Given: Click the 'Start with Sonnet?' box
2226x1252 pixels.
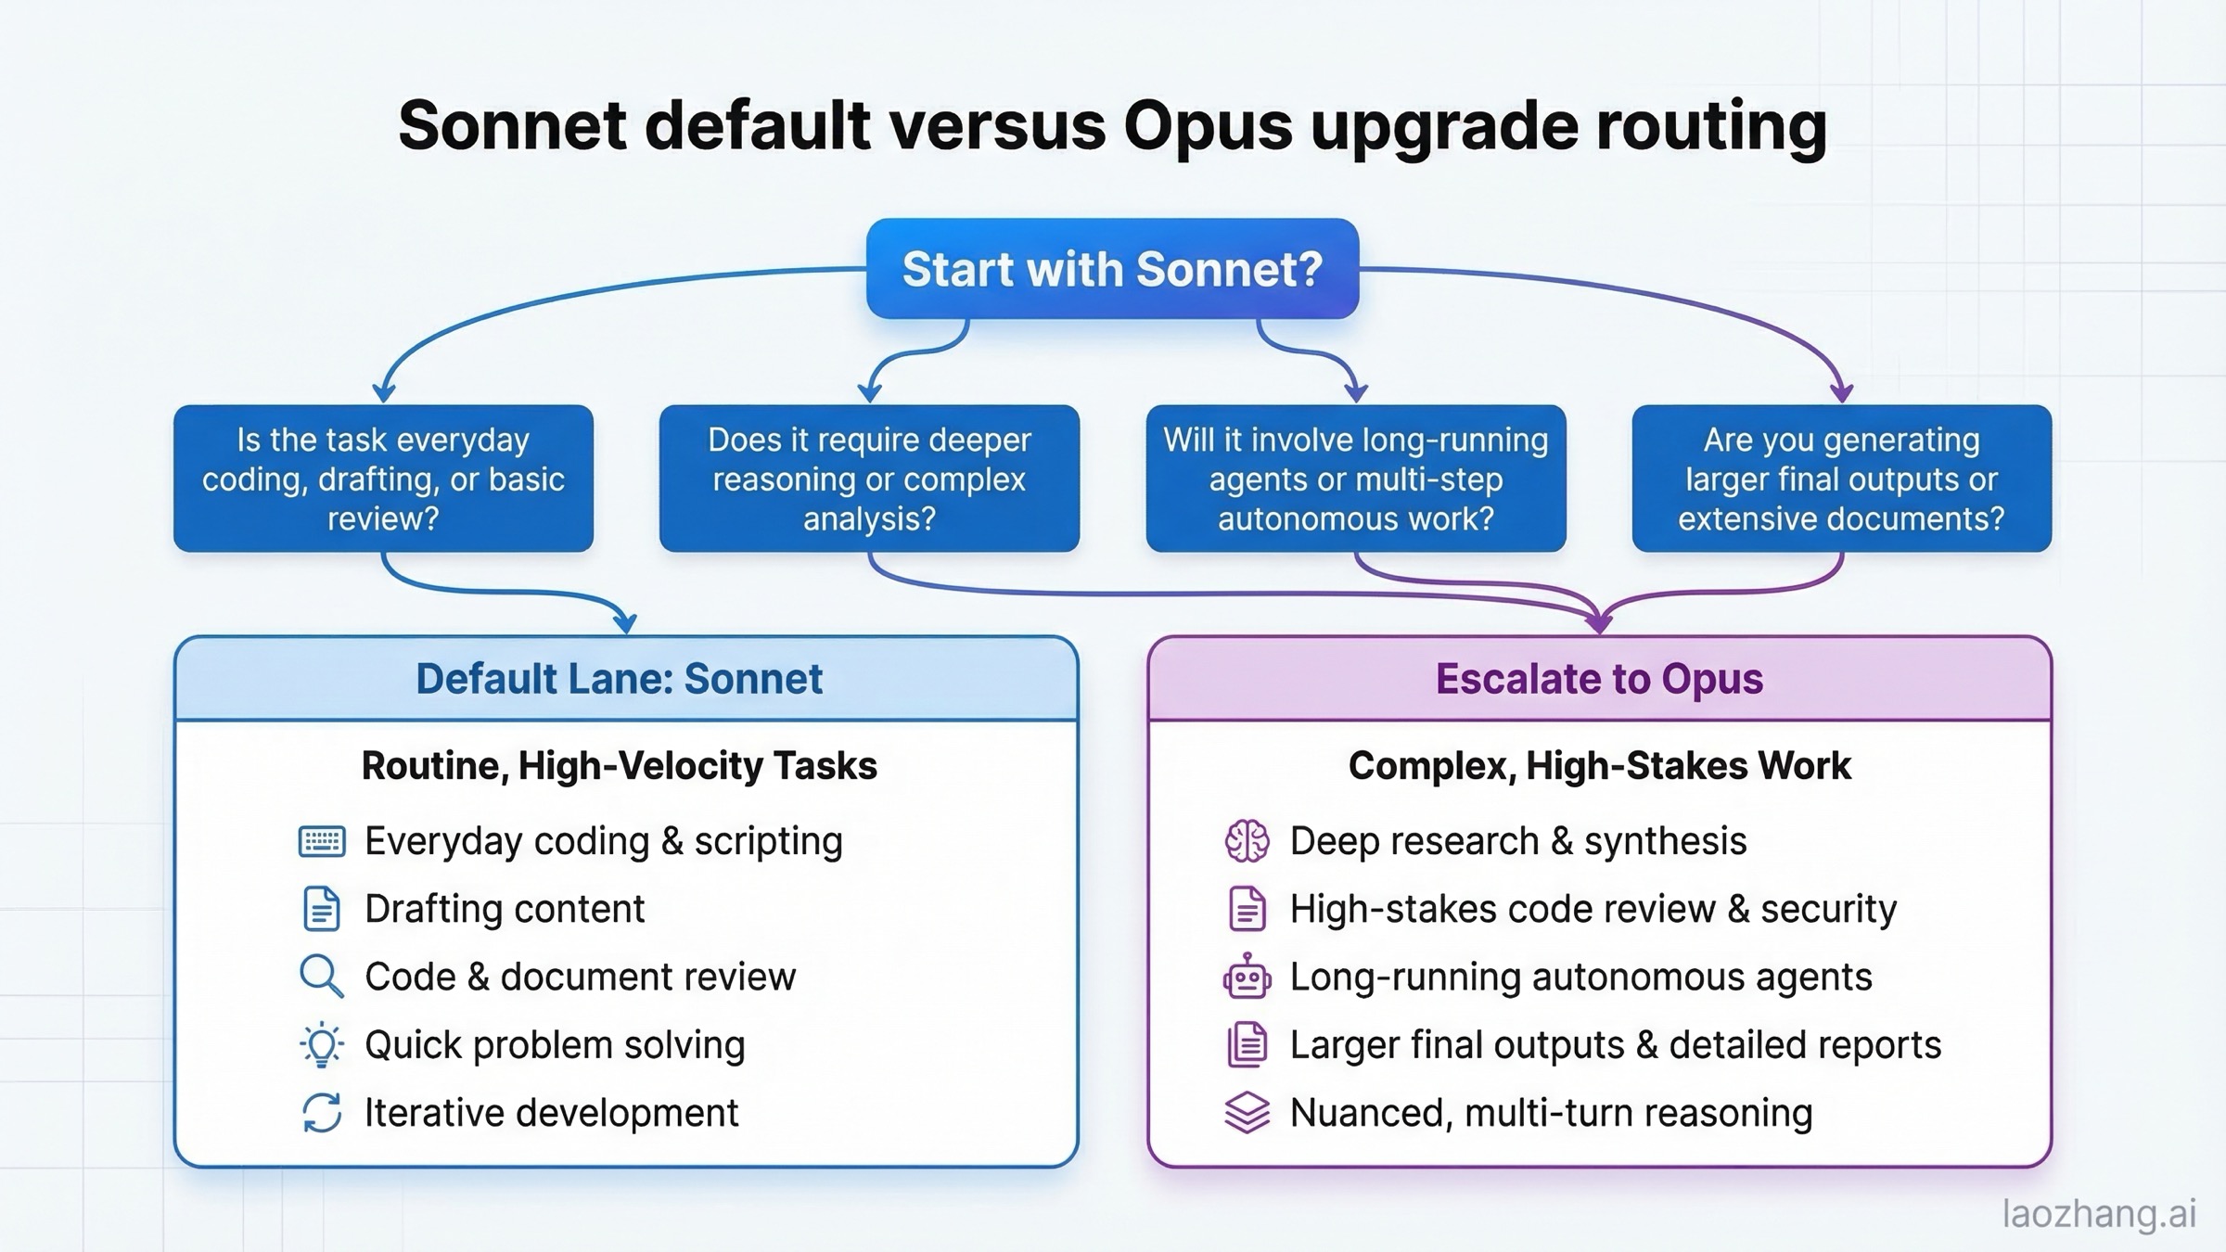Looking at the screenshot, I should [1112, 269].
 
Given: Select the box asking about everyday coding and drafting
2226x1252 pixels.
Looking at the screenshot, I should [383, 479].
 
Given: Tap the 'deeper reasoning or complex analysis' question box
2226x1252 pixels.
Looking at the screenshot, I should [869, 479].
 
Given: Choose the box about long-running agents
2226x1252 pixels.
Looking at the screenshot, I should [1355, 479].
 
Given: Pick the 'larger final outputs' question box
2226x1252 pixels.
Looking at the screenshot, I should [1841, 479].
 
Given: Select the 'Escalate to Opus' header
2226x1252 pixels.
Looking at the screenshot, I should [1599, 679].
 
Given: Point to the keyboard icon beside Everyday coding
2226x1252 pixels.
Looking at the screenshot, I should [322, 841].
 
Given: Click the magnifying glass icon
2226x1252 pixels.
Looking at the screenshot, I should [321, 977].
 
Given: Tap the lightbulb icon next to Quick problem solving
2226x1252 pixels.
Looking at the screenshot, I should [322, 1045].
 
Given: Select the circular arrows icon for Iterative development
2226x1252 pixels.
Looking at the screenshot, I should [322, 1113].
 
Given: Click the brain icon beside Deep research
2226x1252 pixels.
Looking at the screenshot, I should [1247, 841].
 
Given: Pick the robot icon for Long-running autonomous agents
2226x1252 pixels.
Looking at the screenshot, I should [1247, 977].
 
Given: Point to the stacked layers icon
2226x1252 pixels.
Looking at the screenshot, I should [1247, 1113].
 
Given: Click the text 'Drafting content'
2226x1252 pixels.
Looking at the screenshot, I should [505, 909].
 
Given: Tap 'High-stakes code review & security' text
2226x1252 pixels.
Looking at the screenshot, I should [1593, 909].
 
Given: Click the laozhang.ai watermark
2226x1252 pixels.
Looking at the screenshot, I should [2099, 1213].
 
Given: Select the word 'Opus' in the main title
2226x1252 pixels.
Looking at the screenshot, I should [1208, 126].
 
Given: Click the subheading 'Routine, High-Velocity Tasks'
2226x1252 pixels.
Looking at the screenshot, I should [619, 766].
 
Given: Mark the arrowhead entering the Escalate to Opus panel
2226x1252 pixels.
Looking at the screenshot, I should [1599, 623].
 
